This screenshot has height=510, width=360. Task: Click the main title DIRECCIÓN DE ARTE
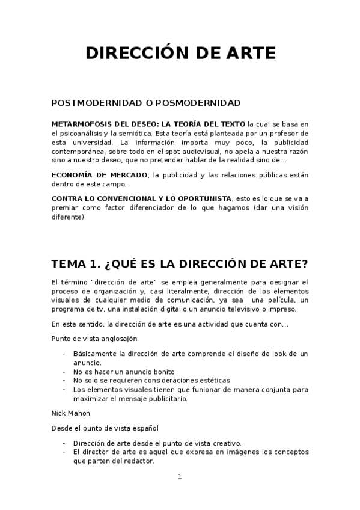[180, 53]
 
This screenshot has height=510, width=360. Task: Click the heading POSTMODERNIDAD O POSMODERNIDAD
[146, 103]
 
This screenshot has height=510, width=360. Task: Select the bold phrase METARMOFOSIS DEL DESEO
[97, 124]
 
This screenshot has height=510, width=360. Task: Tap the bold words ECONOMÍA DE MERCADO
[99, 175]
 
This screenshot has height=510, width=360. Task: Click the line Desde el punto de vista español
[105, 428]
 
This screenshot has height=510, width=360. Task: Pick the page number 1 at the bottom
[179, 478]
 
